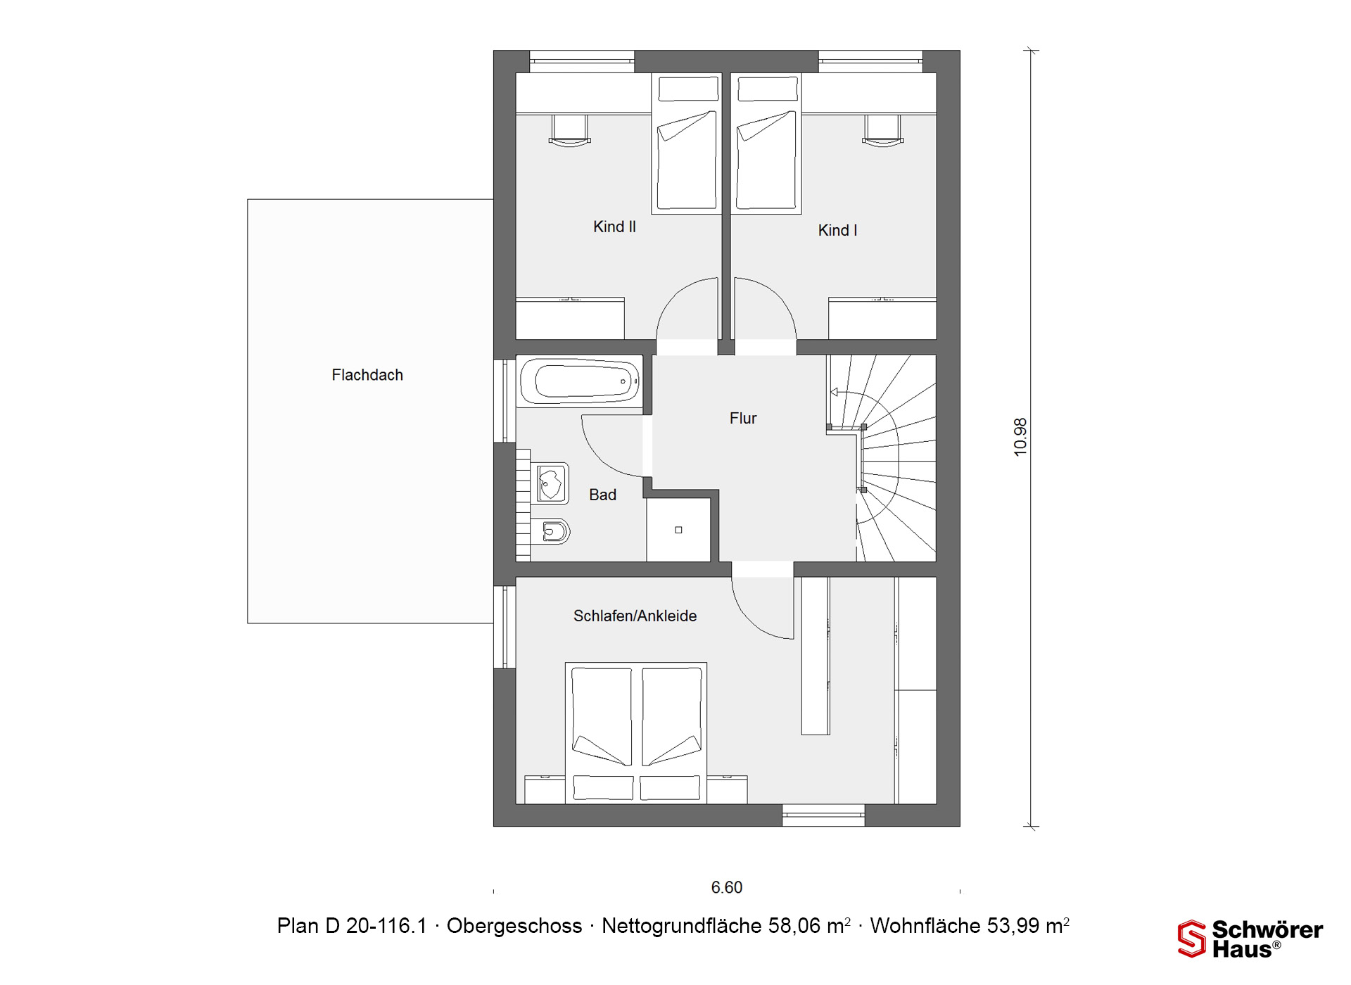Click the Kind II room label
coord(614,227)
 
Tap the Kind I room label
coord(837,230)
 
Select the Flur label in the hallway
coord(743,418)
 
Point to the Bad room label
coord(602,495)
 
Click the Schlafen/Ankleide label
coord(635,616)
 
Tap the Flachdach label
coord(367,375)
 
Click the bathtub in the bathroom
coord(580,381)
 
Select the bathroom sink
coord(550,483)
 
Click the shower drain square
coord(678,530)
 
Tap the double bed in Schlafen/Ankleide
coord(636,732)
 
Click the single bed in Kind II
coord(687,143)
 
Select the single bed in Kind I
coord(766,143)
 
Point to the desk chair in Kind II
coord(569,130)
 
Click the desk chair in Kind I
coord(883,130)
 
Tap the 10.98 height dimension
coord(1020,437)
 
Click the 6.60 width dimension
coord(727,887)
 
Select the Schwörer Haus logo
coord(1250,939)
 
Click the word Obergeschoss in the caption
coord(514,926)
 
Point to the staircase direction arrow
coord(834,392)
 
